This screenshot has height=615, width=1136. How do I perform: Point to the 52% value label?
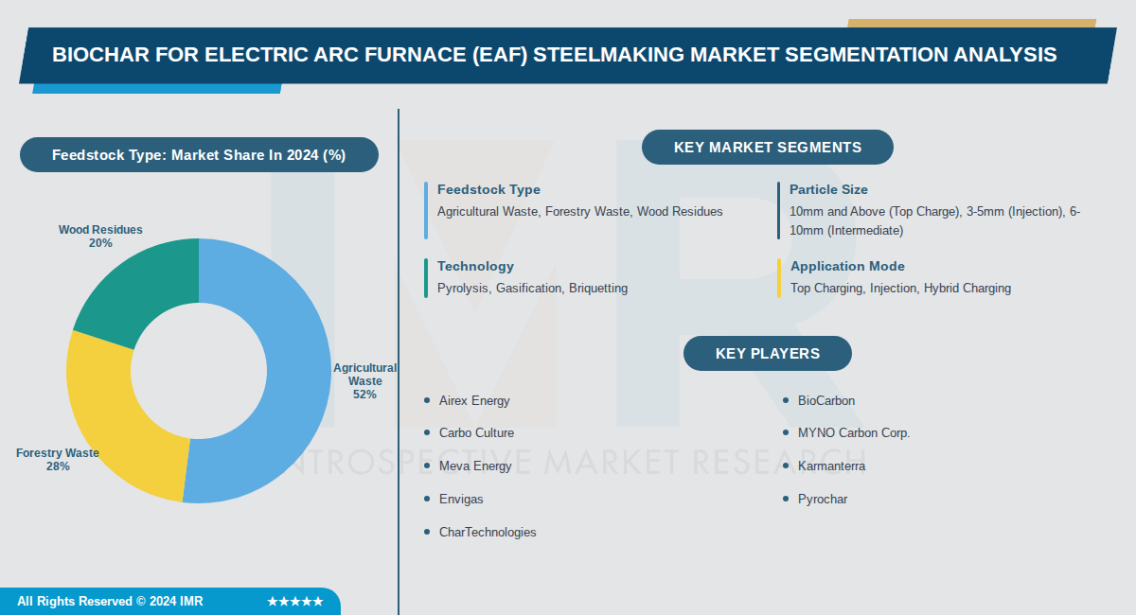tap(365, 395)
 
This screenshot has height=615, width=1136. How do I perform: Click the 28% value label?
tap(58, 466)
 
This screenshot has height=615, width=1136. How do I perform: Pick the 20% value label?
tap(100, 243)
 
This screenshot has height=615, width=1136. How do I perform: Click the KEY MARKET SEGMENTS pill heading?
tap(767, 148)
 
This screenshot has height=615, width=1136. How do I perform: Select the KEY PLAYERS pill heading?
tap(767, 354)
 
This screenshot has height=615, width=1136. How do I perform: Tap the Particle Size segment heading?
tap(828, 190)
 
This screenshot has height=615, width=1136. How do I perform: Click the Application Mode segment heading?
tap(847, 267)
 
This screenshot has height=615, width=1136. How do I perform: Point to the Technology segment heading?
tap(475, 267)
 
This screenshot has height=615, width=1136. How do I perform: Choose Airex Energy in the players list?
tap(474, 401)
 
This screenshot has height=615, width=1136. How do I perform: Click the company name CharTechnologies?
tap(488, 533)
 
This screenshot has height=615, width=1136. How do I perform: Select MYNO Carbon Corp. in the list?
tap(854, 433)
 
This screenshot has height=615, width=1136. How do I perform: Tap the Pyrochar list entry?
tap(823, 499)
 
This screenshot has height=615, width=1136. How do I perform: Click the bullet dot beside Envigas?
tap(427, 499)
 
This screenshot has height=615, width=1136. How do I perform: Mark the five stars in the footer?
tap(295, 602)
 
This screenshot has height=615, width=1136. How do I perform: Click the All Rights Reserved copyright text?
tap(110, 602)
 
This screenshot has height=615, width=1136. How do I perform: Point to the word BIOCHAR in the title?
tap(99, 55)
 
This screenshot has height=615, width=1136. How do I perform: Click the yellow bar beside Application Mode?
tap(779, 277)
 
